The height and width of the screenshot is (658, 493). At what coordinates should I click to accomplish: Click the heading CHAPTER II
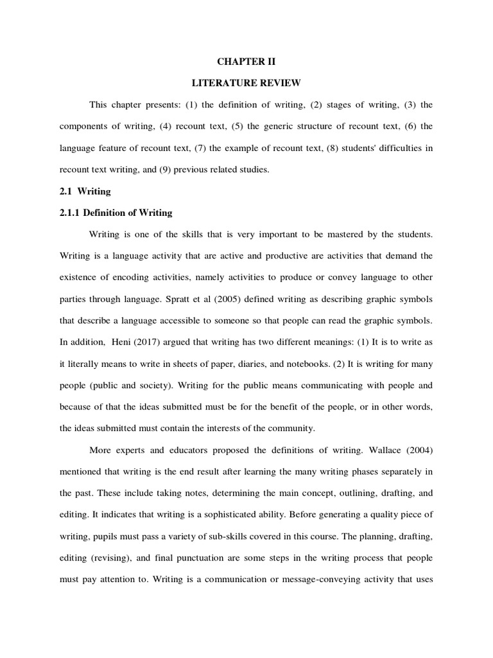[x=246, y=62]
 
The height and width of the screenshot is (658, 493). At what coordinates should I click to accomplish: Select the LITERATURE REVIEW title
[x=246, y=83]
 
